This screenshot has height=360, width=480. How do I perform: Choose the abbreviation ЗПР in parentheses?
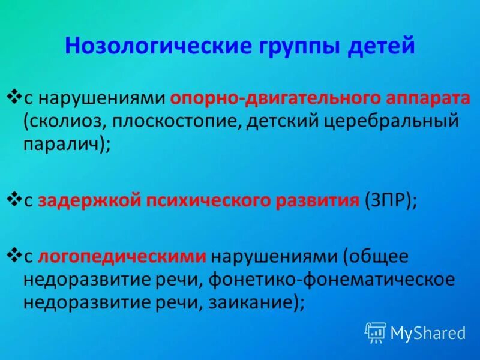(x=388, y=200)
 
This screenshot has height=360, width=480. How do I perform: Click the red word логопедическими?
(x=122, y=257)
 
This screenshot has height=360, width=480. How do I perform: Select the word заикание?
(x=249, y=302)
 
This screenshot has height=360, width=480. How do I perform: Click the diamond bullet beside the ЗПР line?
(x=14, y=199)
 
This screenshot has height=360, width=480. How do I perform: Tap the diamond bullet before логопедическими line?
(x=14, y=256)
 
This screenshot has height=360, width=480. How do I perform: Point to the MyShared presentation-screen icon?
(x=376, y=332)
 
